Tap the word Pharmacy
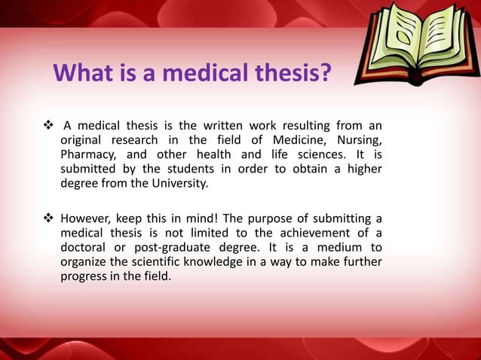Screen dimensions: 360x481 tap(87, 154)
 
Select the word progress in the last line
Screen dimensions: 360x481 tap(82, 276)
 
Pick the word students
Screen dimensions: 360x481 tap(180, 169)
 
